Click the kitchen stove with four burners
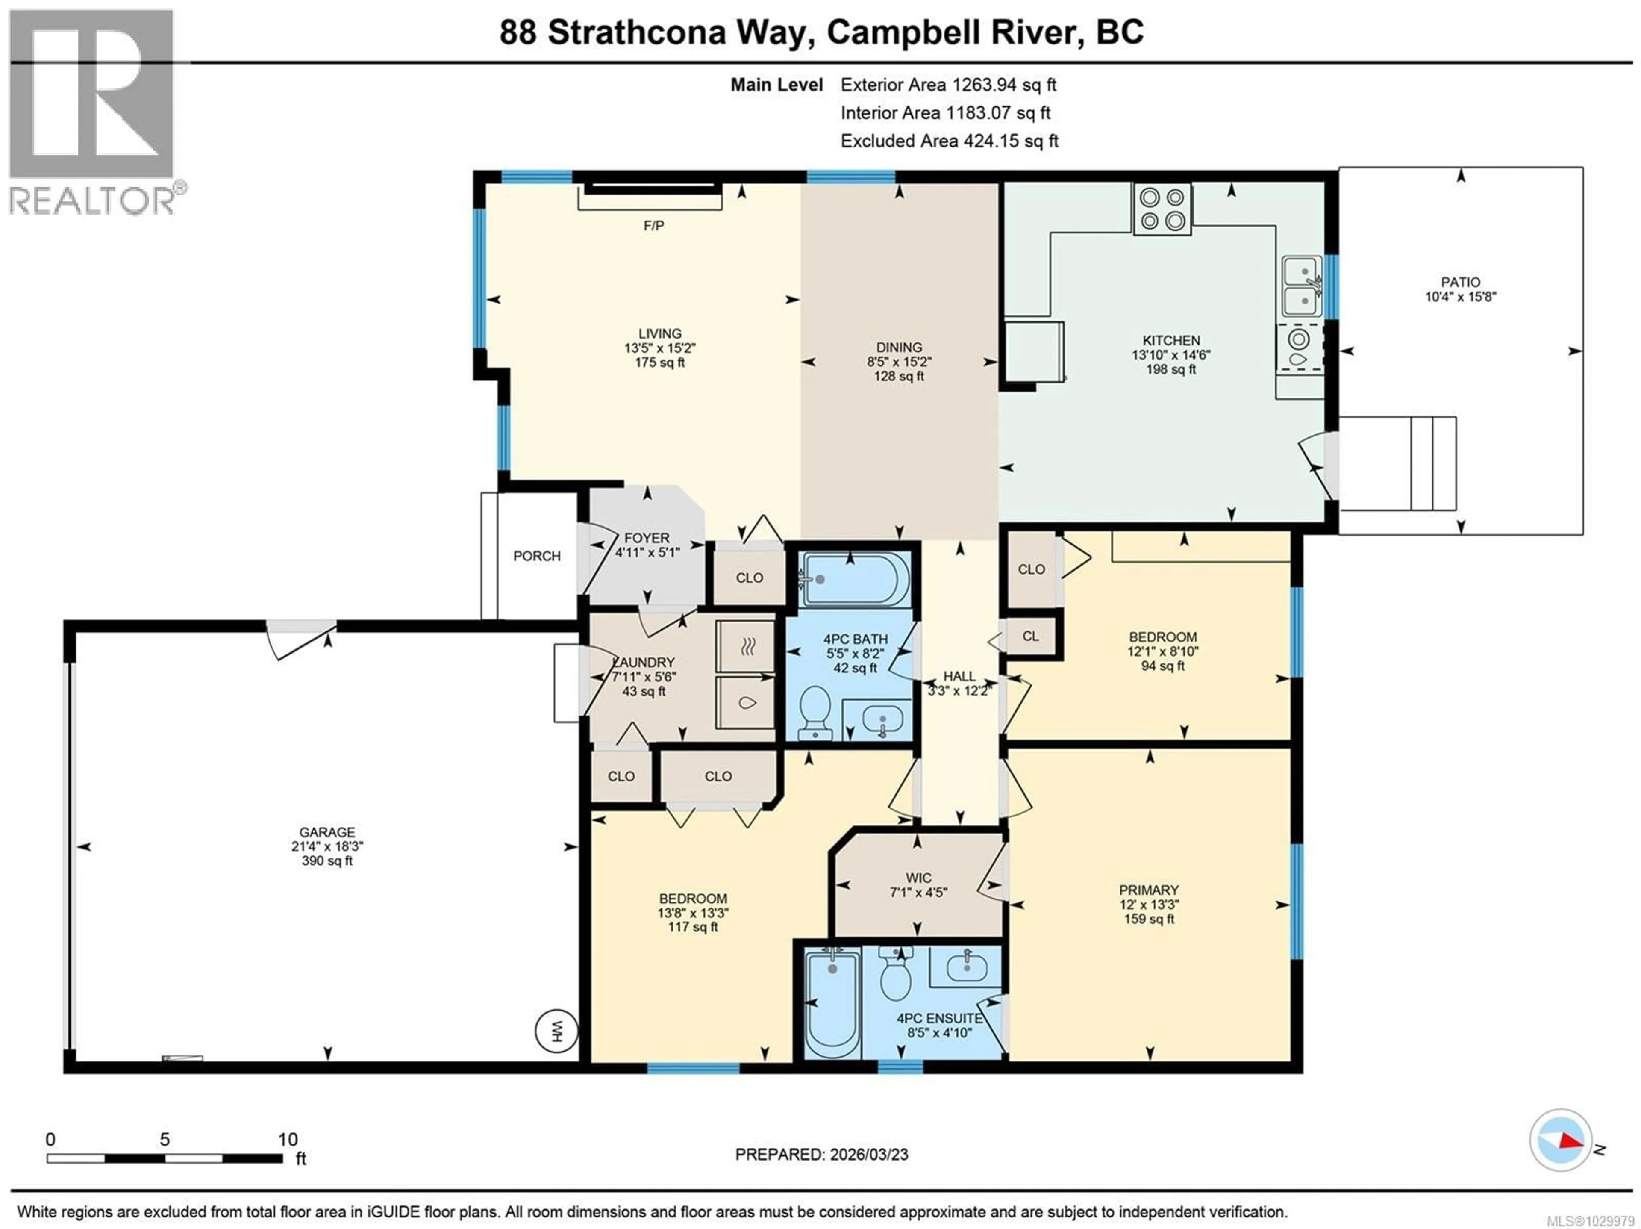click(1162, 209)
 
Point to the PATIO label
click(1460, 282)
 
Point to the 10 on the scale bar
click(288, 1139)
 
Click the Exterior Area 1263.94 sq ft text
click(948, 85)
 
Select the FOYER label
click(646, 538)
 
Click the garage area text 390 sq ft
click(327, 861)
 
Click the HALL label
click(959, 676)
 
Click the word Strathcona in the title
click(636, 32)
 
